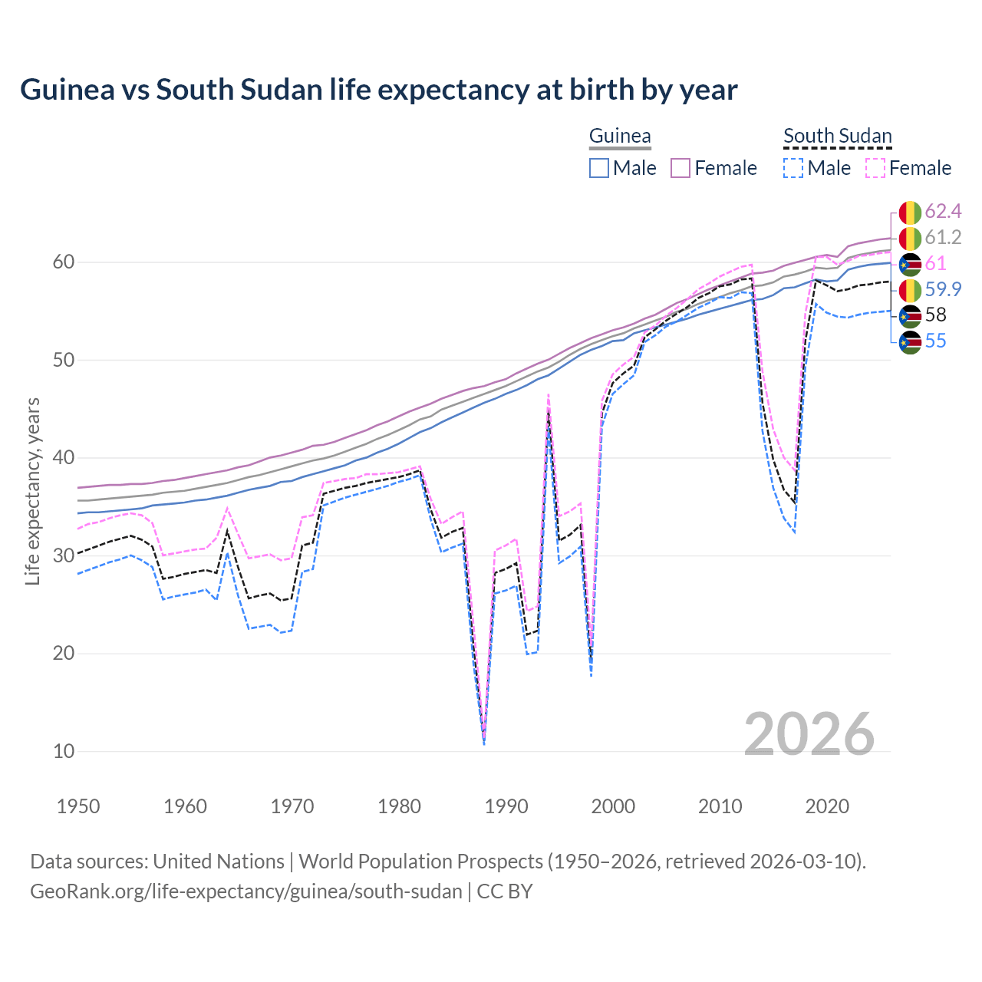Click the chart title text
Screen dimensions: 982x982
(378, 90)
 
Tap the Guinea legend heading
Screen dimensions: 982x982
(620, 137)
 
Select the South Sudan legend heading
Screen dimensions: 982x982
(837, 137)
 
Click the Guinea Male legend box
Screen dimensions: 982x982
(599, 168)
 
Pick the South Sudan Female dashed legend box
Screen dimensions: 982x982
(875, 168)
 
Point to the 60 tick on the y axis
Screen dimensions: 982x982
(64, 262)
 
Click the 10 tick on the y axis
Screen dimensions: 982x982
(64, 751)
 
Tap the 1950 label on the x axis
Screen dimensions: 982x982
(78, 806)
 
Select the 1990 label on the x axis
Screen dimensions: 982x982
(506, 806)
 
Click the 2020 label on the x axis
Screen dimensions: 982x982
(827, 806)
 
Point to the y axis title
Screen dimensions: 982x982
(33, 491)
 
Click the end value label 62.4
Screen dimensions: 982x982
(943, 212)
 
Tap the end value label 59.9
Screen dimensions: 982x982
(943, 289)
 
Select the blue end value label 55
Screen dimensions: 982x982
(935, 341)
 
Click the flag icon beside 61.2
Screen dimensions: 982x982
(910, 238)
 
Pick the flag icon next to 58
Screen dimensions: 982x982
(910, 315)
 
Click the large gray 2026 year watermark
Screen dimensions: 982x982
(809, 734)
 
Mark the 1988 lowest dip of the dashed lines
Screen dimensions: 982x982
(484, 741)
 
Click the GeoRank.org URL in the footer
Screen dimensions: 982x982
(246, 891)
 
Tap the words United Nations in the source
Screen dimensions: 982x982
(219, 862)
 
